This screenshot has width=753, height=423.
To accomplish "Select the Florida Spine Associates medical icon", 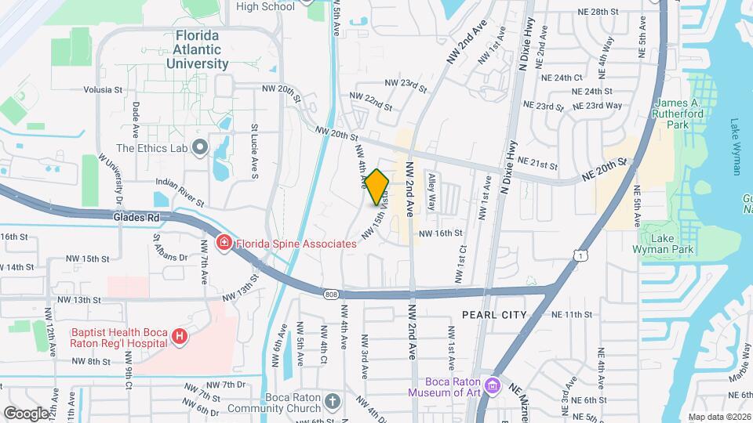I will [224, 244].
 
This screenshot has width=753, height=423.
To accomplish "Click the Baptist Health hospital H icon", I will [180, 336].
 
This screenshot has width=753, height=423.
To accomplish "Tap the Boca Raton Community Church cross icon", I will [333, 402].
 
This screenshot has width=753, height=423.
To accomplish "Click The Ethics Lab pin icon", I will [199, 147].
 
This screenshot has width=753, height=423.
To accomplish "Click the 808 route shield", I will [330, 294].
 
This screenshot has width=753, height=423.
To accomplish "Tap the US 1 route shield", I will [579, 255].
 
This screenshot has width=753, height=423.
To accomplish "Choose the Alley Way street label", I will [431, 192].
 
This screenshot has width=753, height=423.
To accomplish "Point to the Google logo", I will [26, 412].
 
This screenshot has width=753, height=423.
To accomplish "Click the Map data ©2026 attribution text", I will [719, 417].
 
